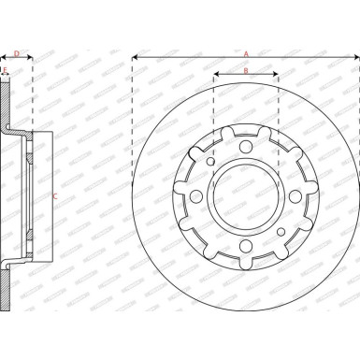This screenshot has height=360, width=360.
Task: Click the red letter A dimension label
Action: coord(246,53)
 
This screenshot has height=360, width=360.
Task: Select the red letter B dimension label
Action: coord(246,70)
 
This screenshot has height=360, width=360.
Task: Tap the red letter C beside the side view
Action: coord(54,195)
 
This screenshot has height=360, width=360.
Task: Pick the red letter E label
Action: coord(5,70)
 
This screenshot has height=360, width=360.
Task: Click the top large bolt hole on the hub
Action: coord(246,142)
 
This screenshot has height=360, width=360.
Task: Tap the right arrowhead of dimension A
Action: coord(355,58)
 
